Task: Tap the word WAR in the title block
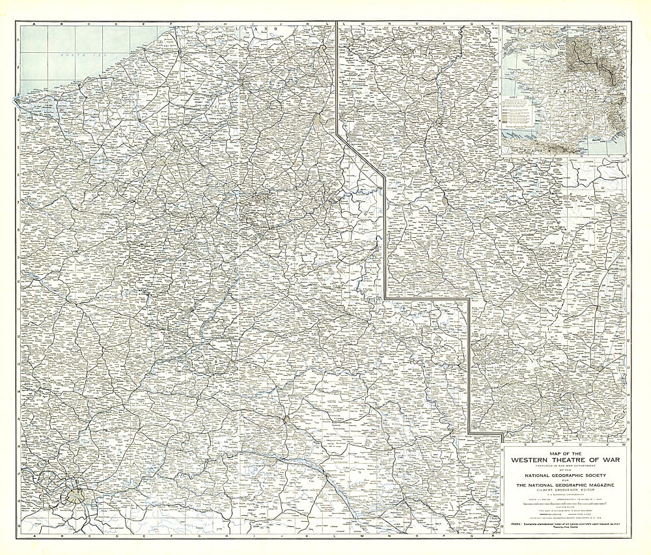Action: click(x=607, y=459)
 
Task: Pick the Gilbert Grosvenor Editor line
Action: click(x=565, y=490)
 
